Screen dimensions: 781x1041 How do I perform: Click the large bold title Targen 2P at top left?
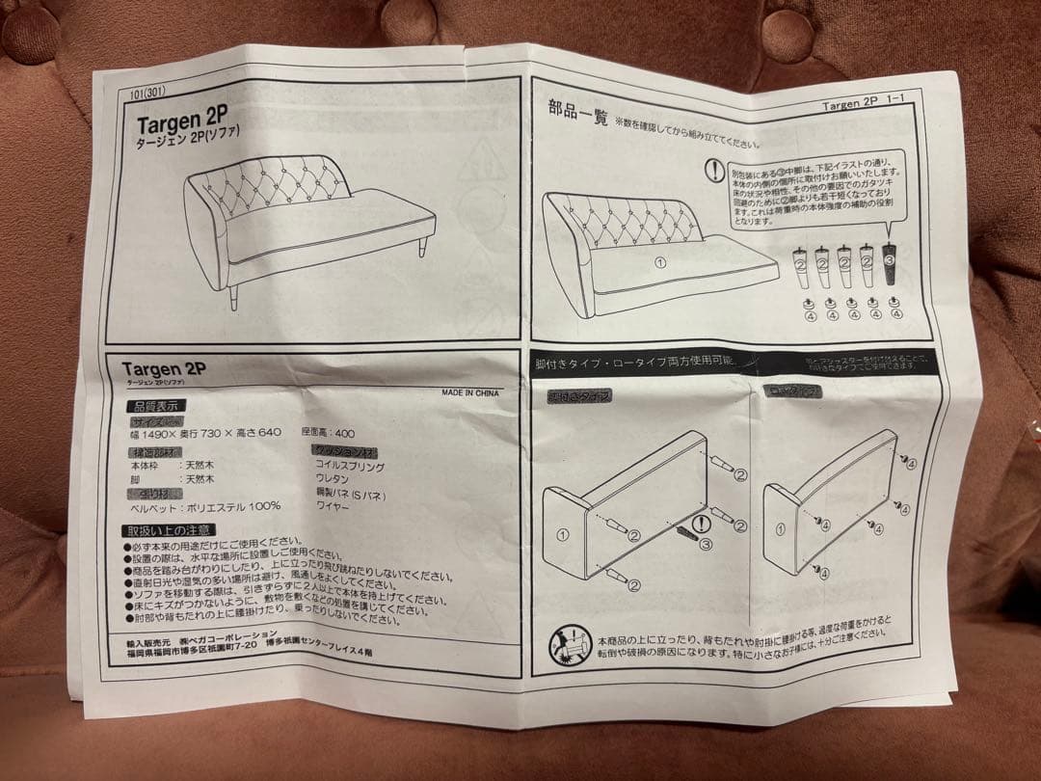tap(181, 123)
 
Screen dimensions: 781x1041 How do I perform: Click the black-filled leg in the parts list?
tap(890, 267)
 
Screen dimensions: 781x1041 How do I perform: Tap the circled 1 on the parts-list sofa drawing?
tap(660, 261)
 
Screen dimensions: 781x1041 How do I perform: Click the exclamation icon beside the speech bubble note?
tap(713, 170)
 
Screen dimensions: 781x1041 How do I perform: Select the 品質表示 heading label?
tap(156, 406)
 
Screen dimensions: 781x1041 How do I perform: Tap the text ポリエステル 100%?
tap(234, 505)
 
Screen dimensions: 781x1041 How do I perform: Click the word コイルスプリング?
tap(350, 466)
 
